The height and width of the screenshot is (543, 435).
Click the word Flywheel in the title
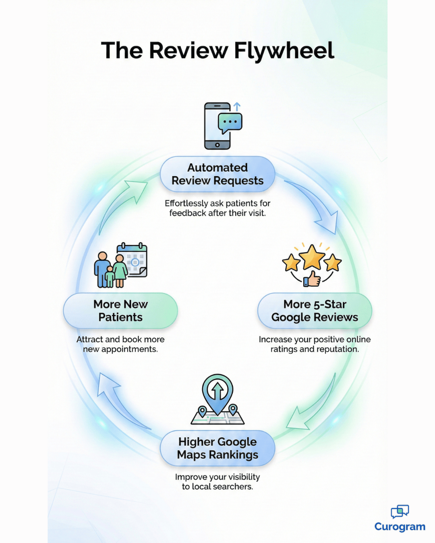pos(284,51)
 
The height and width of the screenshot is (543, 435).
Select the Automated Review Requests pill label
pos(217,174)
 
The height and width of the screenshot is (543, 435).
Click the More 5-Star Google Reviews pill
pos(315,311)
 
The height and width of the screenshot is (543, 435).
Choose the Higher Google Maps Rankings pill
pos(217,448)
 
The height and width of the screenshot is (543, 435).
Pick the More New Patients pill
pos(120,311)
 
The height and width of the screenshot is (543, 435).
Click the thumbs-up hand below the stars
pos(311,279)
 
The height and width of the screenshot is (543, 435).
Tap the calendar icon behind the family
pos(135,259)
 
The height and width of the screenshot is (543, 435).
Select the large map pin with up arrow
pos(217,392)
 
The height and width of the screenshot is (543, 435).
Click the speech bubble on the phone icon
pos(230,122)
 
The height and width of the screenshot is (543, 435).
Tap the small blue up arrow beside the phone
pos(237,107)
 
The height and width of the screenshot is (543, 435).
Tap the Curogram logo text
pos(400,527)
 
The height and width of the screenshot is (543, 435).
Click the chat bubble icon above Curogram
pos(400,511)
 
